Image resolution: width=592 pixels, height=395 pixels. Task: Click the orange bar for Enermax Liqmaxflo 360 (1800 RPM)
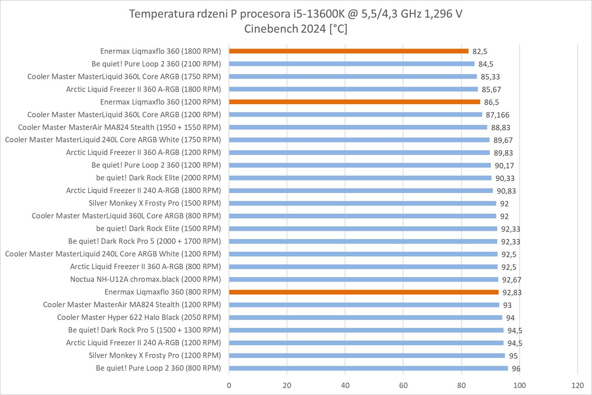(x=348, y=51)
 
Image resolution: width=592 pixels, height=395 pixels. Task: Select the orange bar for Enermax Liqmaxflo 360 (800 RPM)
(x=363, y=292)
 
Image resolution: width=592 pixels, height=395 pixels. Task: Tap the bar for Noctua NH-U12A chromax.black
(x=363, y=279)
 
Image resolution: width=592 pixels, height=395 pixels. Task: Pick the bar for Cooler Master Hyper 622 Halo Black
(x=365, y=317)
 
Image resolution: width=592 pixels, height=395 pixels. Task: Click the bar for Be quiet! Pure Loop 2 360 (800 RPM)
(x=368, y=368)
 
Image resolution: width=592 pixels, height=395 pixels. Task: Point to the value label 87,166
(x=497, y=115)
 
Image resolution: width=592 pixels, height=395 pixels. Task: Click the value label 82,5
(x=480, y=51)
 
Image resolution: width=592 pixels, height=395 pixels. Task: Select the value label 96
(x=516, y=369)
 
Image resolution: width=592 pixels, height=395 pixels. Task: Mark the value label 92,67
(x=511, y=280)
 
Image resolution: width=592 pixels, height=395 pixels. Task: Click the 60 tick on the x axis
(x=403, y=385)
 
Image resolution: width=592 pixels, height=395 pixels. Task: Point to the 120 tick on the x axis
(x=577, y=385)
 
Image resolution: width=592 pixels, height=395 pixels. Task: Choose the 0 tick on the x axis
(x=229, y=385)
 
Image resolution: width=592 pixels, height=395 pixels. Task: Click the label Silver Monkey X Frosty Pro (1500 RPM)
(x=155, y=203)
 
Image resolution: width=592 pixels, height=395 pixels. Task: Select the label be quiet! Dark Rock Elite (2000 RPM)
(x=158, y=178)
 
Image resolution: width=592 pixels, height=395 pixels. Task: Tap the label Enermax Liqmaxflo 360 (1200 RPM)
(x=160, y=102)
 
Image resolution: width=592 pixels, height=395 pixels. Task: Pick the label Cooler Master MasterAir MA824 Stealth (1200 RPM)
(x=132, y=305)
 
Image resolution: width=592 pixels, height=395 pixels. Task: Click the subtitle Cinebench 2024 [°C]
(x=296, y=29)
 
